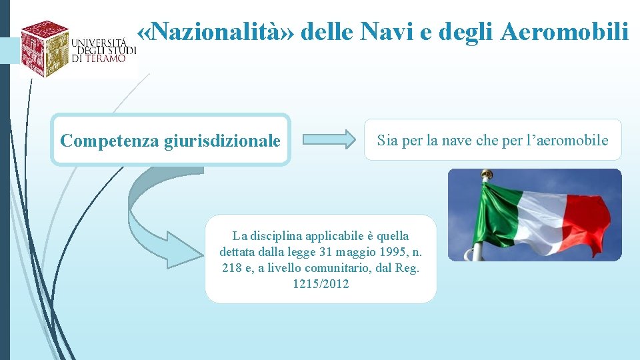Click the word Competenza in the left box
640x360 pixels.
tap(109, 141)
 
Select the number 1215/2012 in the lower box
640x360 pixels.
tap(321, 284)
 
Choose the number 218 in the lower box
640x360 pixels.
tap(231, 268)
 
